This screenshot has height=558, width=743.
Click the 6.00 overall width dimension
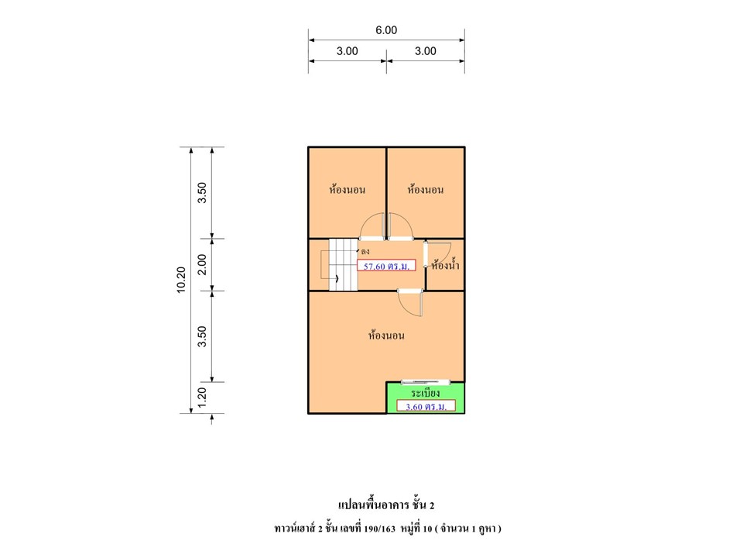386,30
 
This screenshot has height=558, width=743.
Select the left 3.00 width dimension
347,51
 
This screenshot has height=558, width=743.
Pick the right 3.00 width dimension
425,51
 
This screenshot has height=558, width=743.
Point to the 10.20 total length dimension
181,280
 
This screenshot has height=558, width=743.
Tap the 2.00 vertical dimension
202,264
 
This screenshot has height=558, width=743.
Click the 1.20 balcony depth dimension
202,398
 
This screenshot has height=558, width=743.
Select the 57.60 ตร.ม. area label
386,266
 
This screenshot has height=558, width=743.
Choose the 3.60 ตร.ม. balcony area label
426,406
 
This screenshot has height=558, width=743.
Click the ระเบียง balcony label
425,393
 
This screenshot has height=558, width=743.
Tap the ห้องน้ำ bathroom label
445,265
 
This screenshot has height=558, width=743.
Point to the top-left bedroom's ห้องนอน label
347,189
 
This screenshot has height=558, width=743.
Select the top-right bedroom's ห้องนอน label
425,189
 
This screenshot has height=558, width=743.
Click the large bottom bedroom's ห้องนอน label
386,335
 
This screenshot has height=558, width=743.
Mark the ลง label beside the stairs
365,251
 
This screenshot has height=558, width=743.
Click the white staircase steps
344,265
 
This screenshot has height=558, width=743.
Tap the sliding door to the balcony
425,382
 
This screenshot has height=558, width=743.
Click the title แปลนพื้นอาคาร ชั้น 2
386,505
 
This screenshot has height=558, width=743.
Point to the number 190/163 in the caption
379,529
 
